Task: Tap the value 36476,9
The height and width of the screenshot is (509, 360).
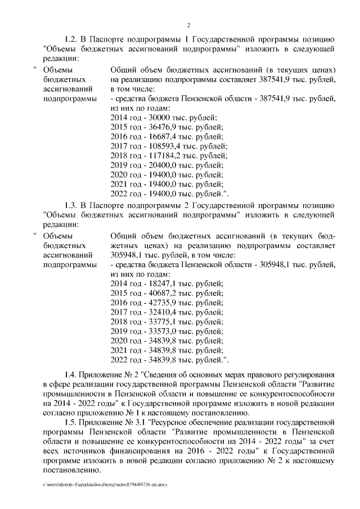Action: coord(157,127)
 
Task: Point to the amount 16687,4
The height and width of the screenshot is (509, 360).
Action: coord(157,136)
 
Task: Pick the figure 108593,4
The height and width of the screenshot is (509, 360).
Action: coord(160,146)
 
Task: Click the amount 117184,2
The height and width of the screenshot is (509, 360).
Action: coord(160,156)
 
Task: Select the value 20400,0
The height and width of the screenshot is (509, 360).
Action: coord(157,165)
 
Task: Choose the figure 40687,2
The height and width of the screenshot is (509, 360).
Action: coord(157,294)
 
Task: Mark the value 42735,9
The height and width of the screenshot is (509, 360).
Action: coord(157,303)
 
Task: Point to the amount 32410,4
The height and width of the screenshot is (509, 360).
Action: coord(157,313)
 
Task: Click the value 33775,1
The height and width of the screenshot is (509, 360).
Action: coord(157,322)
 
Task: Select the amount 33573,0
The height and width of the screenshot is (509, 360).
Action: coord(157,332)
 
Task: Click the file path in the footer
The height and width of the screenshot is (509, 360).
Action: coord(105,484)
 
